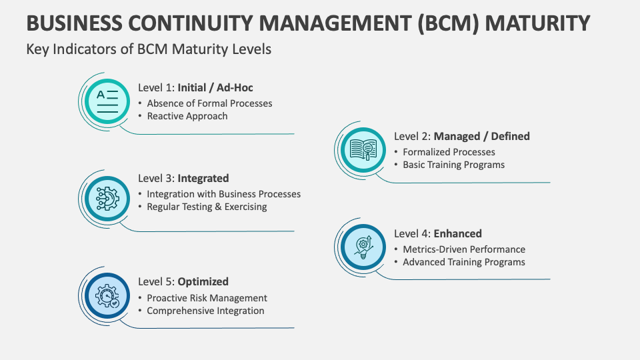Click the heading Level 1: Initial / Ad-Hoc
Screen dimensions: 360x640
[x=195, y=87]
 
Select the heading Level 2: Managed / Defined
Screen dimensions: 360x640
[x=461, y=136]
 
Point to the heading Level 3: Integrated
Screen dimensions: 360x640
[x=183, y=178]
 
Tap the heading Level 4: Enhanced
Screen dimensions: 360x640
[x=437, y=233]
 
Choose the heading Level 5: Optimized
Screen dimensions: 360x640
[x=183, y=281]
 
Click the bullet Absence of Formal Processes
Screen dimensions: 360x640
[x=209, y=103]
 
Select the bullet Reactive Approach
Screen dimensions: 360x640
[x=187, y=116]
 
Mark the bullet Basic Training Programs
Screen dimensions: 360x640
[x=453, y=165]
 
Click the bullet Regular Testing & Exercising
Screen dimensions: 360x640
[x=207, y=207]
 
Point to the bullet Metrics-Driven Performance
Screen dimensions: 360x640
[x=463, y=249]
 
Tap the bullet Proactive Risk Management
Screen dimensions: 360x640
[x=207, y=298]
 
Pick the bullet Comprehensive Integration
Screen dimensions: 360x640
[x=205, y=311]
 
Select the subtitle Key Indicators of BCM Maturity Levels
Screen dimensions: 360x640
[x=149, y=49]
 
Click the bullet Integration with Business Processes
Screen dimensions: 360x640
[x=223, y=194]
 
